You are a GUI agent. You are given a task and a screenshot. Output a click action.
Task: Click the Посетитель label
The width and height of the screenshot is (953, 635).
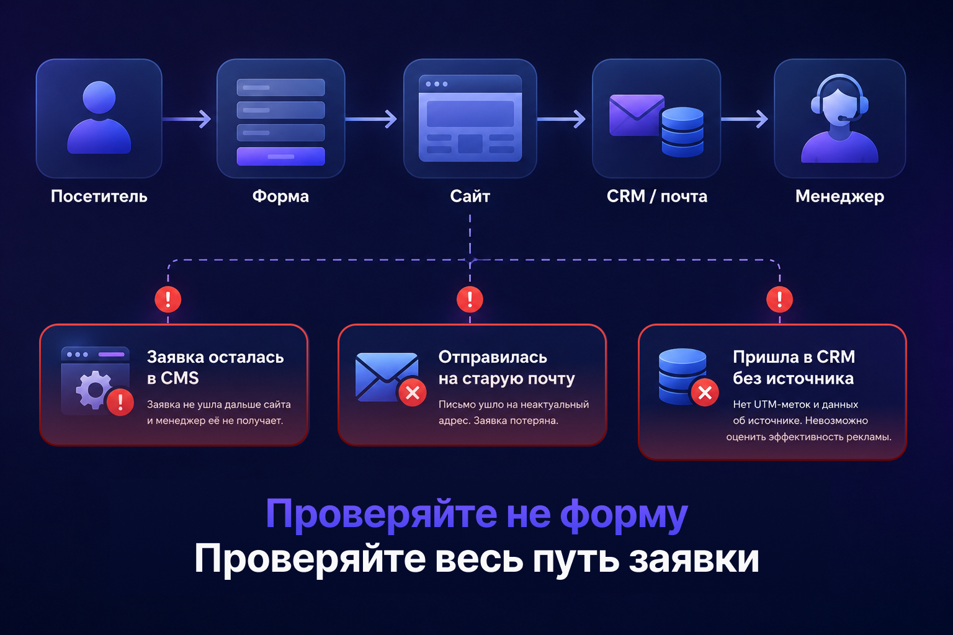click(x=99, y=197)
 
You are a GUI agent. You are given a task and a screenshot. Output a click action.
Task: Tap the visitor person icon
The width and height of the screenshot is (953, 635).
click(x=99, y=117)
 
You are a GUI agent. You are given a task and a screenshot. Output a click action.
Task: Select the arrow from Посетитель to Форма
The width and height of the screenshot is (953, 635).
click(x=187, y=118)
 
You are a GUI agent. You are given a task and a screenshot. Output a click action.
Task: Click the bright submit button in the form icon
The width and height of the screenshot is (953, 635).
click(x=281, y=156)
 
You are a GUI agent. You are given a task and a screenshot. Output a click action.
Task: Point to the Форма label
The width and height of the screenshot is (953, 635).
click(x=280, y=197)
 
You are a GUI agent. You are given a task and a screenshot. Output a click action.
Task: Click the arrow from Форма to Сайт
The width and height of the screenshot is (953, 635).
click(x=371, y=118)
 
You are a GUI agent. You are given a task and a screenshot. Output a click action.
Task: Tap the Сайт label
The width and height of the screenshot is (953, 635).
click(x=470, y=196)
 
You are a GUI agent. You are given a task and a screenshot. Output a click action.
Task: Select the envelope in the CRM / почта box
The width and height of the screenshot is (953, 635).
click(x=635, y=115)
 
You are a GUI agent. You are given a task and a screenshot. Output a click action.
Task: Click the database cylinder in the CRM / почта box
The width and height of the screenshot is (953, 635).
click(x=682, y=132)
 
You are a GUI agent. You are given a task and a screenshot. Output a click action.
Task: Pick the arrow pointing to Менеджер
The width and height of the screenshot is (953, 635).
click(x=745, y=118)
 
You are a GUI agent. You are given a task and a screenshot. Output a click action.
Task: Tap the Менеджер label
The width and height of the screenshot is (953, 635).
click(x=840, y=197)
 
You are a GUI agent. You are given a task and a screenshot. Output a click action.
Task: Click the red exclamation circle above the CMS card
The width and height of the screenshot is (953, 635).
click(x=168, y=300)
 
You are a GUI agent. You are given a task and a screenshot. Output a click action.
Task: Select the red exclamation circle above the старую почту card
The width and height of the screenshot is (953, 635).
click(x=470, y=300)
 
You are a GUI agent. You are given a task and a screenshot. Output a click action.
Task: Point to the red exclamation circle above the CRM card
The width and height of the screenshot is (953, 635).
click(x=779, y=300)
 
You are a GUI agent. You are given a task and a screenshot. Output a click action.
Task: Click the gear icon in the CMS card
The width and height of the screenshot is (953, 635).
click(x=94, y=389)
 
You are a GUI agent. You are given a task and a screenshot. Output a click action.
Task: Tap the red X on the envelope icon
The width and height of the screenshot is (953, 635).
click(x=412, y=393)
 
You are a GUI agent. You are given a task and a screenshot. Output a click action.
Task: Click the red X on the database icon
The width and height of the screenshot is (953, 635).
click(x=705, y=393)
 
